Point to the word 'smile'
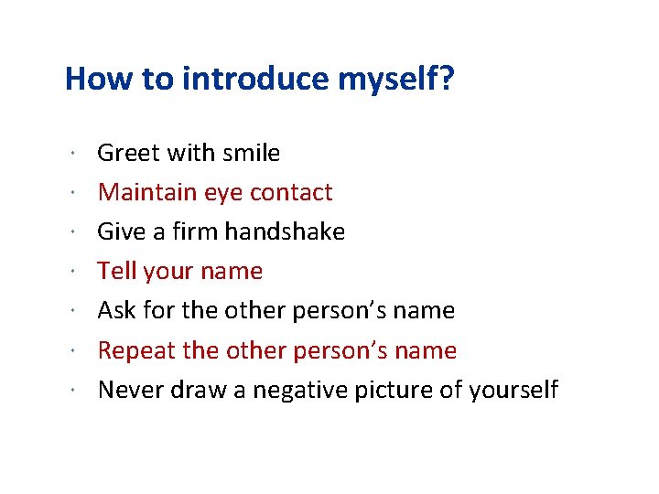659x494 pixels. (253, 153)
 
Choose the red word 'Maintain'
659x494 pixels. (147, 192)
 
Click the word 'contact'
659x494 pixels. (291, 192)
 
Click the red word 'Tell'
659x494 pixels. (116, 271)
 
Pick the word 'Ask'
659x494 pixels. (117, 310)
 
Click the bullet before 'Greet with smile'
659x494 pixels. (71, 153)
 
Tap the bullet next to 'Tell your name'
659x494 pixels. (71, 272)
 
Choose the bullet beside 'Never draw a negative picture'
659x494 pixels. (71, 391)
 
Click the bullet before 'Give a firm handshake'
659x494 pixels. (71, 232)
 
